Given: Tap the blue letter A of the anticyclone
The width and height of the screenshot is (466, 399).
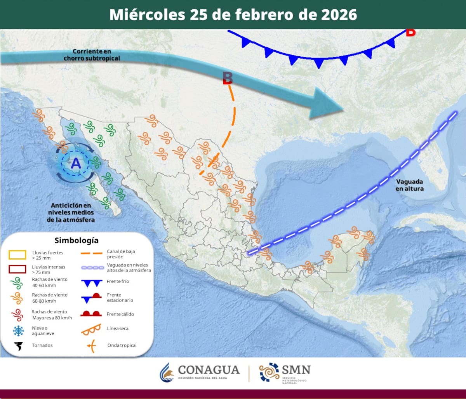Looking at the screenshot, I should (76, 164).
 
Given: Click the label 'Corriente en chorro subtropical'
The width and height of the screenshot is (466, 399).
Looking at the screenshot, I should (92, 55).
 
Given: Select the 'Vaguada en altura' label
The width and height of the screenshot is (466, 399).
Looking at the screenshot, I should (409, 185).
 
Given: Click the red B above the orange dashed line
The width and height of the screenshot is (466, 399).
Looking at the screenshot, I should (228, 78).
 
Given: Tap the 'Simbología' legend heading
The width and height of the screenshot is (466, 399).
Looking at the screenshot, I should (76, 240).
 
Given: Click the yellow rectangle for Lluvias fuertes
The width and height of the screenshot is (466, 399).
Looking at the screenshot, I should (17, 255).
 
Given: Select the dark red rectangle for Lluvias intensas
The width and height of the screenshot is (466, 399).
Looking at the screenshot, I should (17, 269).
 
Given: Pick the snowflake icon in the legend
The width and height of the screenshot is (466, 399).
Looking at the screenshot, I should (18, 331).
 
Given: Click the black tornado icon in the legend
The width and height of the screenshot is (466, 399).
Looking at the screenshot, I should (18, 345).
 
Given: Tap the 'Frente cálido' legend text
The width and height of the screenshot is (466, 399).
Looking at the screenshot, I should (120, 314).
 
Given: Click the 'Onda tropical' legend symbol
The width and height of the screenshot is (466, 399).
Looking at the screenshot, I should (91, 345).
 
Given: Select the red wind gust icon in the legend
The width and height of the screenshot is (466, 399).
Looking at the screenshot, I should (17, 314).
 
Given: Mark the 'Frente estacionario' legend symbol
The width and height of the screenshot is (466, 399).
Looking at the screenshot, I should (91, 298).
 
